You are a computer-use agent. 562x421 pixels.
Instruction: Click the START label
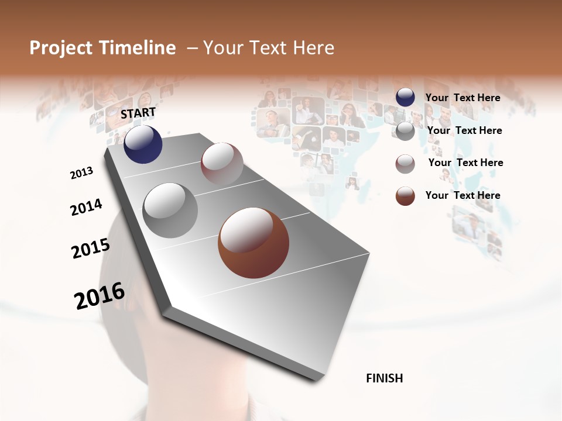[138, 113]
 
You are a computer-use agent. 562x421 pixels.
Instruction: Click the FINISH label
[384, 378]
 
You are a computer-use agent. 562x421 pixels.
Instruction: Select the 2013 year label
[82, 173]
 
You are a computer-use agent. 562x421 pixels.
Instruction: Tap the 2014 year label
[86, 208]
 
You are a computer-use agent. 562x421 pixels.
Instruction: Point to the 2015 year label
[91, 249]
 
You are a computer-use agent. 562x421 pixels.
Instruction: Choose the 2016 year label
[100, 296]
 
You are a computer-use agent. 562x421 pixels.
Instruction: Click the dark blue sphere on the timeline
[143, 144]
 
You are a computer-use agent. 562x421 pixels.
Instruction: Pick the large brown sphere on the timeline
[253, 243]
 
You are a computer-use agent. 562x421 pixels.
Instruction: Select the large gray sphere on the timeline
[170, 210]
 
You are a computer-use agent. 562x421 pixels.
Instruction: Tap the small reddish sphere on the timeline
[222, 164]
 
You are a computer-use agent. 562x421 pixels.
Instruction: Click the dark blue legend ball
[405, 97]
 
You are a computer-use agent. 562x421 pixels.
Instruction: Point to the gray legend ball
[405, 131]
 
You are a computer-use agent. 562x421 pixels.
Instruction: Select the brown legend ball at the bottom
[405, 196]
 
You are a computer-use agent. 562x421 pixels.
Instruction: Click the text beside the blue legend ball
[462, 98]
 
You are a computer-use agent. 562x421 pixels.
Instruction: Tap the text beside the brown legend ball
[462, 195]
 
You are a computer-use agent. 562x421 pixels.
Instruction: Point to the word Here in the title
[313, 48]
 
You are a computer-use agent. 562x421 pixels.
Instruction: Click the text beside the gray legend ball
[464, 130]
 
